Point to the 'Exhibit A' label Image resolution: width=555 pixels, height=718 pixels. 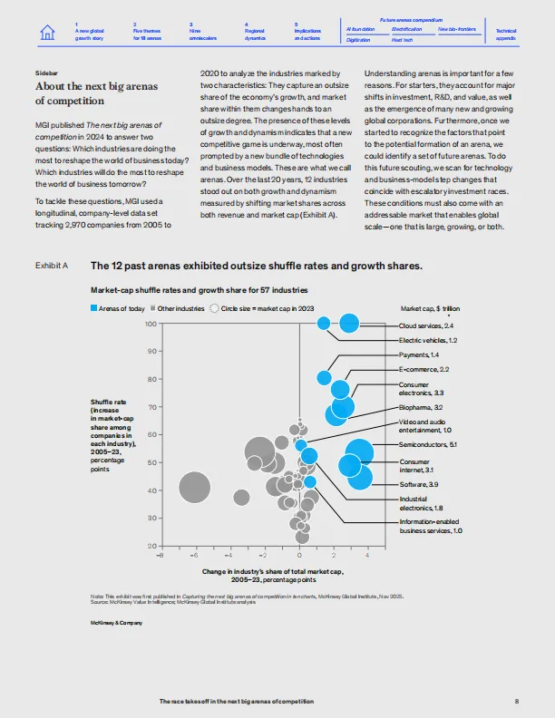[52, 267]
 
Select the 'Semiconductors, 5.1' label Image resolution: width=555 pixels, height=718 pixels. [428, 445]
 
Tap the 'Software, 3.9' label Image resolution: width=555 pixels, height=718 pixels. [419, 485]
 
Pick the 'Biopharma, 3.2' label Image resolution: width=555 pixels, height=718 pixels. [421, 409]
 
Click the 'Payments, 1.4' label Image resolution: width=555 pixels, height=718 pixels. [419, 354]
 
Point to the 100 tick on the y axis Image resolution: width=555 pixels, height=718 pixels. [151, 323]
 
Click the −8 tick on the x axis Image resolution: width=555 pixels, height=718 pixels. [161, 554]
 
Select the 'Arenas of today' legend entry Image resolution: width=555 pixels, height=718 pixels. [119, 308]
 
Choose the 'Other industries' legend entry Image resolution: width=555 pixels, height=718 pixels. [178, 308]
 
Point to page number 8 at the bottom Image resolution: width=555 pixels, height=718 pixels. [515, 702]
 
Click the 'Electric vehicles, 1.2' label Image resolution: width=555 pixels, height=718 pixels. [428, 339]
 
